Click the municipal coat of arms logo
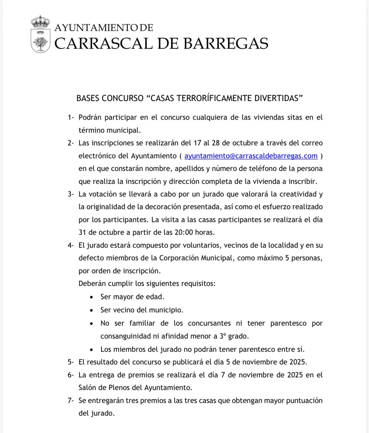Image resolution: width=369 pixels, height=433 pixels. point(40,34)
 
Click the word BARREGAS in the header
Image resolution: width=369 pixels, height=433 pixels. point(226,44)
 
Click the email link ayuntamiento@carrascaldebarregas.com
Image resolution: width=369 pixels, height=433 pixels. point(251,156)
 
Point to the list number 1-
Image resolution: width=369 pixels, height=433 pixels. point(71,117)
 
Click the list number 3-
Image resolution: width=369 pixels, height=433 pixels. point(71,194)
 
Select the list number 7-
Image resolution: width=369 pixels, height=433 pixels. point(71,401)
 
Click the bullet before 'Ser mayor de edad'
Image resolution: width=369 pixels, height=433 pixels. point(91,297)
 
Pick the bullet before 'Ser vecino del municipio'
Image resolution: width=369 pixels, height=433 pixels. point(91,310)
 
